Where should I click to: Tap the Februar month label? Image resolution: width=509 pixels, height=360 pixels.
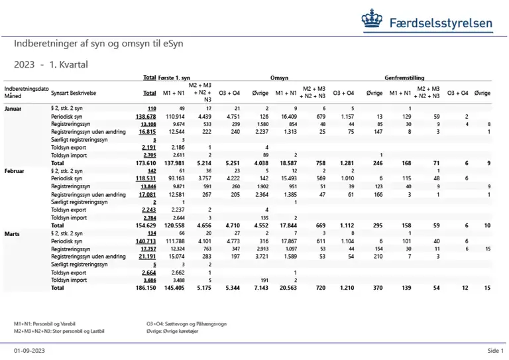16,170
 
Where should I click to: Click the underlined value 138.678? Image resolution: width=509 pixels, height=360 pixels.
146,116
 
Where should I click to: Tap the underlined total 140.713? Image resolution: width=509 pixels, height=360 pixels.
146,241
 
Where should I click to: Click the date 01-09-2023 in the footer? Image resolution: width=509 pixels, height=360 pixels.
29,351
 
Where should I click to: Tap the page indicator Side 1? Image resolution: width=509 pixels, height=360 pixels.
496,351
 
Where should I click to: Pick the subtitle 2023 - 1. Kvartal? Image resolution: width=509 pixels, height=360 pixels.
51,64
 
